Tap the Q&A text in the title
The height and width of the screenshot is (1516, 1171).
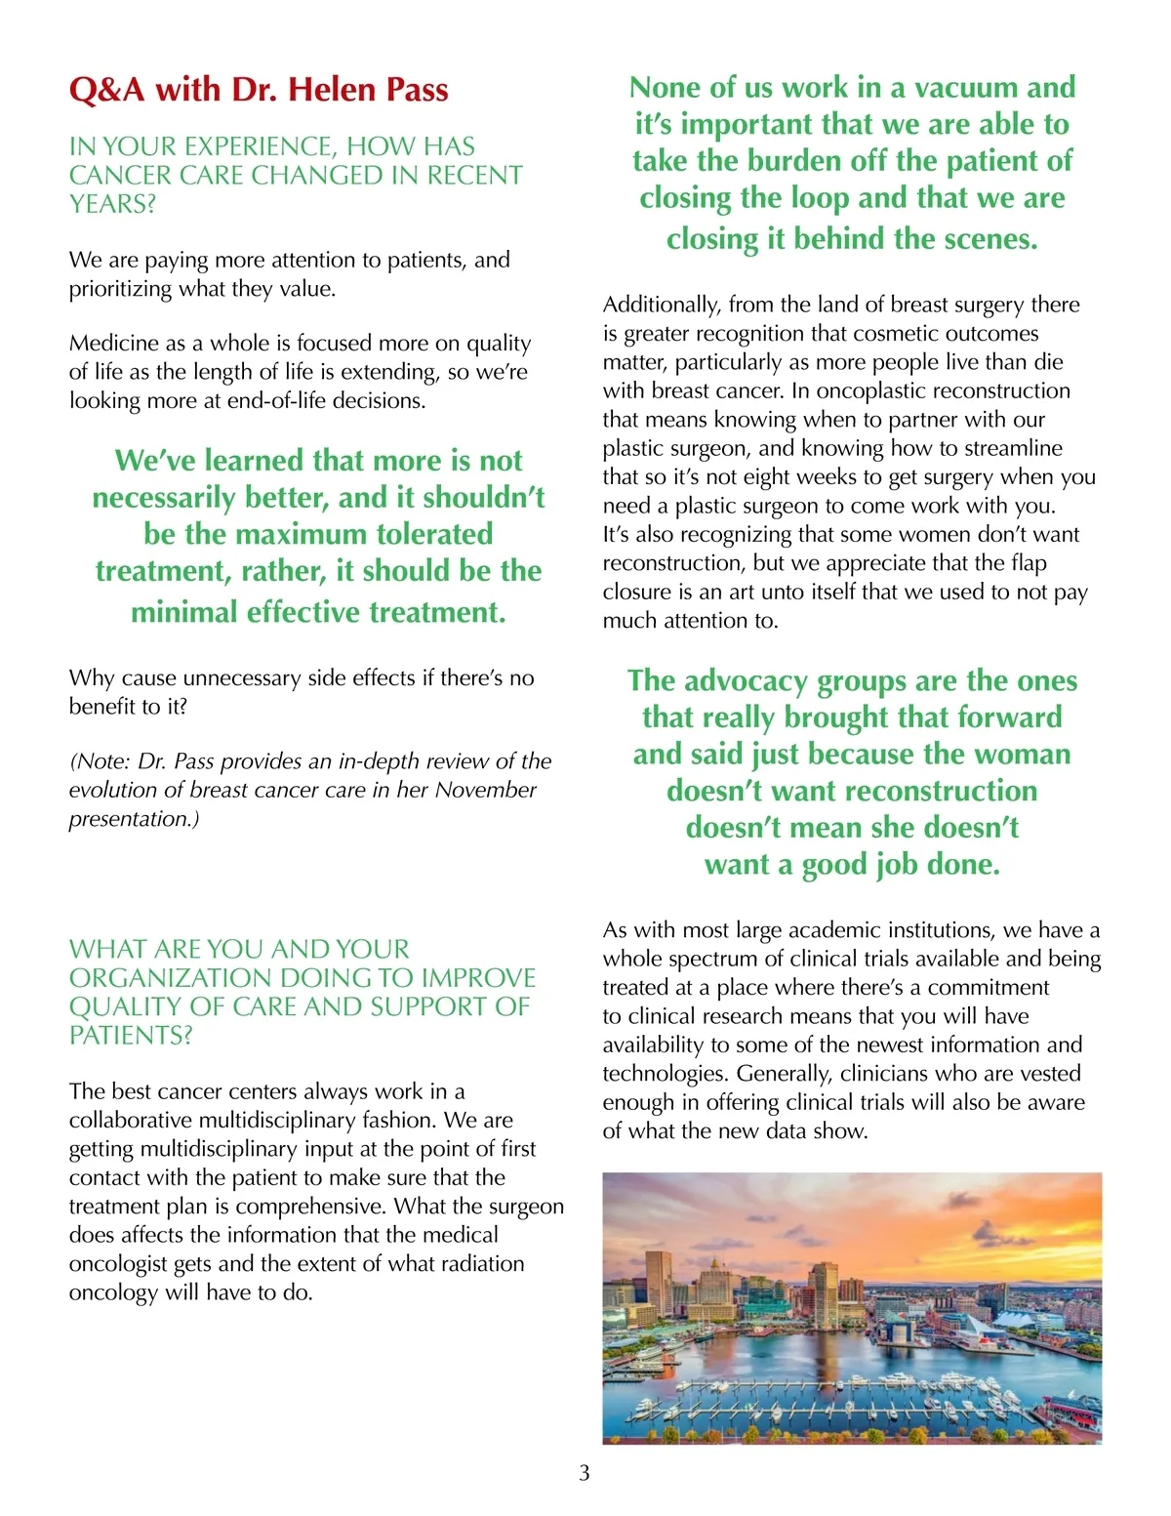pyautogui.click(x=106, y=90)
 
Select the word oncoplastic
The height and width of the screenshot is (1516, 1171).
pyautogui.click(x=874, y=390)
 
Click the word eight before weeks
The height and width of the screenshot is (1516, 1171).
pyautogui.click(x=778, y=476)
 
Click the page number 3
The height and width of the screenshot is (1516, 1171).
pyautogui.click(x=585, y=1473)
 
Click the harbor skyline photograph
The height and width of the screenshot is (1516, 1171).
pyautogui.click(x=852, y=1308)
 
